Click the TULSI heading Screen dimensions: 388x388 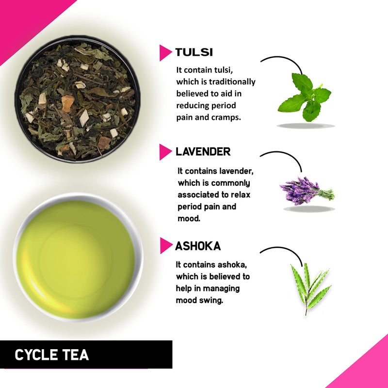tap(194, 52)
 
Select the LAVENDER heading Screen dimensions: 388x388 tap(203, 151)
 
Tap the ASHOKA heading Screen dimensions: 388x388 tap(198, 246)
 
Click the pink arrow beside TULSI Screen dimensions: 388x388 tap(165, 52)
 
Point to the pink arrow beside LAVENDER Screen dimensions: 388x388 tap(165, 152)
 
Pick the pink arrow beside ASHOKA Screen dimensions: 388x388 tap(166, 246)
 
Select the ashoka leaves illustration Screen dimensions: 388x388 tap(309, 286)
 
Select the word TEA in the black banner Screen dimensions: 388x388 tap(76, 355)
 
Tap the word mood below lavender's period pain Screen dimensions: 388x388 tap(189, 218)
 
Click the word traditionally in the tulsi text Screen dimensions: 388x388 tap(232, 82)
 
